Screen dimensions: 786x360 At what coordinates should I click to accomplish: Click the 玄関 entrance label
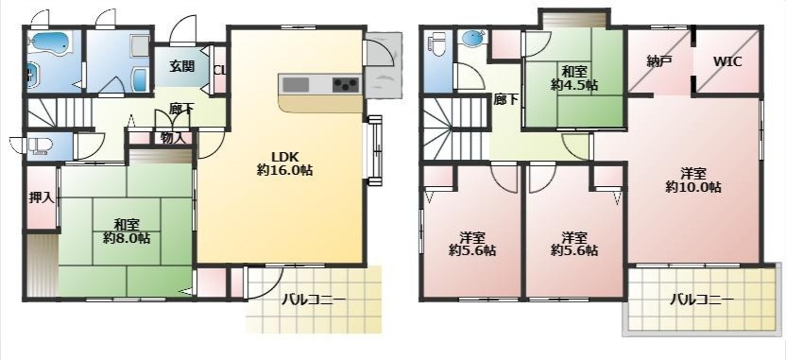182,66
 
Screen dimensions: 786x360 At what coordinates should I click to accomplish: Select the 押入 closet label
42,197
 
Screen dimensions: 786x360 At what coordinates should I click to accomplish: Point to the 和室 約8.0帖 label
127,231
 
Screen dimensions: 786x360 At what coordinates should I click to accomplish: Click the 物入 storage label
174,138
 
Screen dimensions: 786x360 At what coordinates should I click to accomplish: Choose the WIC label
727,62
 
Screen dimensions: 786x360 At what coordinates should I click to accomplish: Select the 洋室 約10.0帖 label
693,180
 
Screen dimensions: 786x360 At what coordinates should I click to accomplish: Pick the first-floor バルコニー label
314,300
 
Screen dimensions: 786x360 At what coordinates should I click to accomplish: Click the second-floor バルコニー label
702,300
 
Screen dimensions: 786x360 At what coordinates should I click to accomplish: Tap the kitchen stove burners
347,84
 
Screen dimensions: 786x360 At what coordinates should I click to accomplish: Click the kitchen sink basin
296,84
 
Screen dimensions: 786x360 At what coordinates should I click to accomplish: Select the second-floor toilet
439,43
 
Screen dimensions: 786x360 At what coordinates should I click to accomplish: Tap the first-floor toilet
40,146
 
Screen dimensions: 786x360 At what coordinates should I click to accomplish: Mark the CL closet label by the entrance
219,70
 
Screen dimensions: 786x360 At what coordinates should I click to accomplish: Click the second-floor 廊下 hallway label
506,99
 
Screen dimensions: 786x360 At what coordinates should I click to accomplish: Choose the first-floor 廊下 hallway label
181,110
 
